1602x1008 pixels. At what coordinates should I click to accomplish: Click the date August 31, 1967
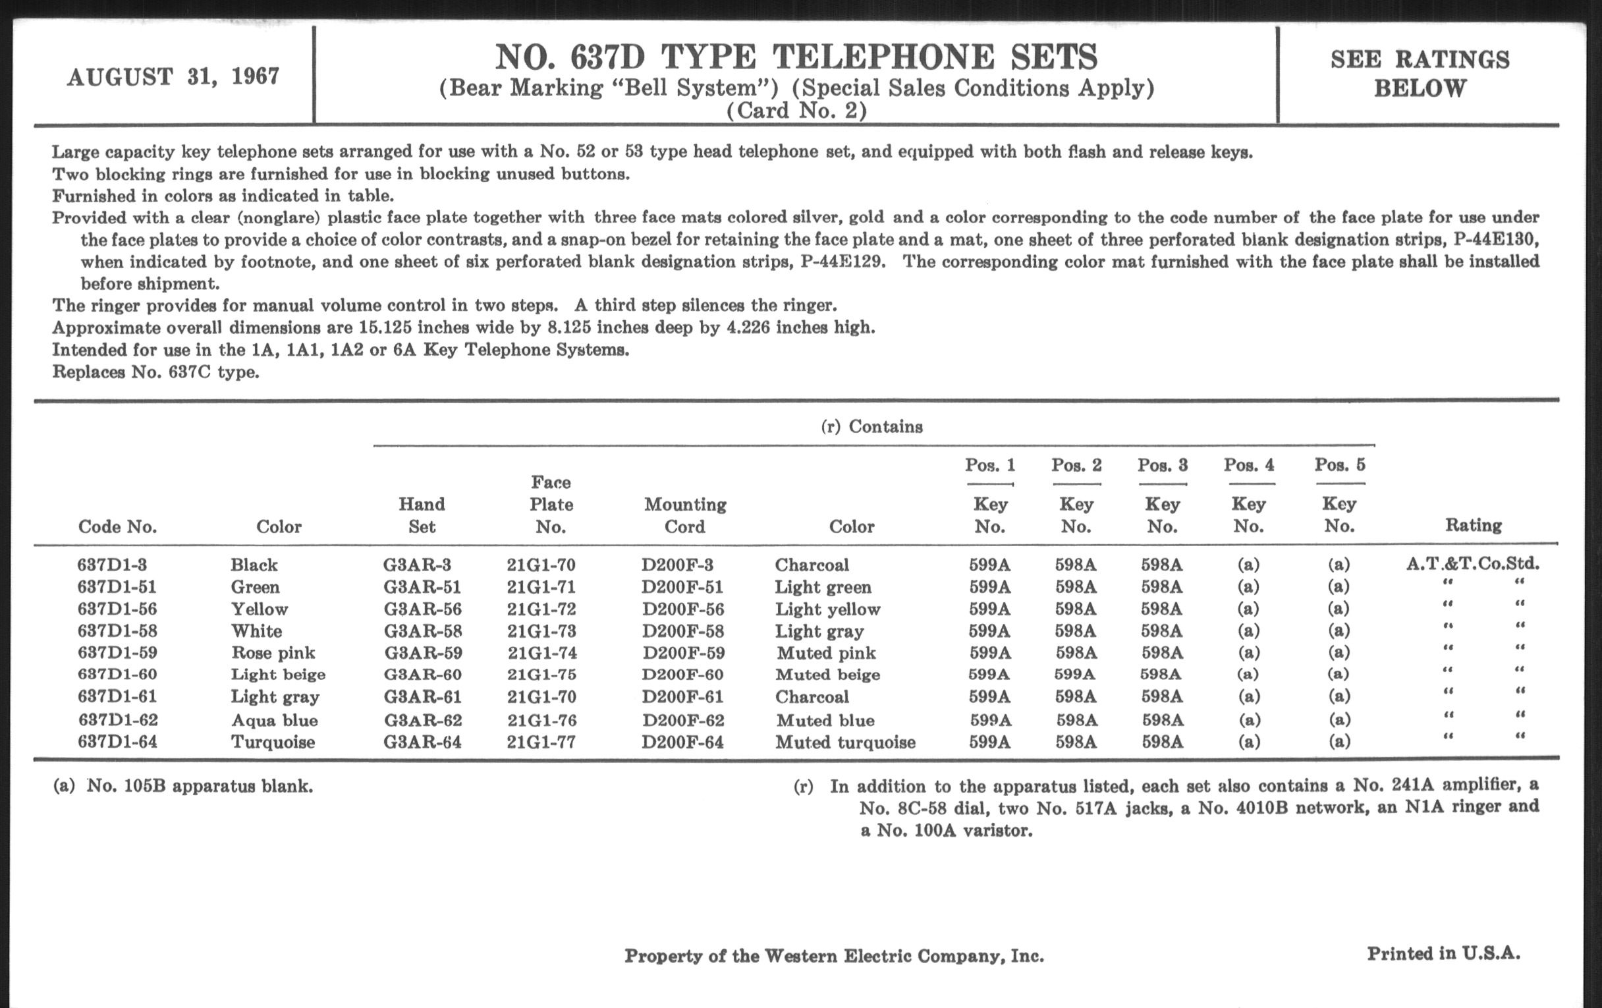(x=173, y=77)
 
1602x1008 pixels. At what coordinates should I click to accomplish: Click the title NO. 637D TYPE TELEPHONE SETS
(x=796, y=57)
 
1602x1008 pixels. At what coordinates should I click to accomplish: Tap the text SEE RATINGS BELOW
(x=1420, y=74)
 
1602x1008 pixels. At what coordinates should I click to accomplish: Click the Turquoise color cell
(x=273, y=742)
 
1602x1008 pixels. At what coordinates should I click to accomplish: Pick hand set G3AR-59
(x=423, y=653)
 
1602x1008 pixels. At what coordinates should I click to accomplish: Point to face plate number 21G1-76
(x=541, y=720)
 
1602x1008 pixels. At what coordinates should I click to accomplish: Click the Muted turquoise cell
(x=845, y=742)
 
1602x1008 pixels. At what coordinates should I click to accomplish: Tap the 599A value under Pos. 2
(x=1074, y=675)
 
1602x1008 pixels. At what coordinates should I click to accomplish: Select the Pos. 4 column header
(x=1249, y=464)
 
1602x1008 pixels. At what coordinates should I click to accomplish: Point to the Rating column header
(x=1473, y=526)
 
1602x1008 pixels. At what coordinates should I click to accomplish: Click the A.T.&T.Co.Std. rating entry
(x=1472, y=564)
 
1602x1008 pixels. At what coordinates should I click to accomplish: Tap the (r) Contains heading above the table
(x=871, y=426)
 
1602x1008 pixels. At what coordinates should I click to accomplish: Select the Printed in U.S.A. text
(x=1443, y=953)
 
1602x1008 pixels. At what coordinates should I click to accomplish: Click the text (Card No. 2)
(x=796, y=111)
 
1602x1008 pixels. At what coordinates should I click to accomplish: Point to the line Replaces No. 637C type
(x=155, y=372)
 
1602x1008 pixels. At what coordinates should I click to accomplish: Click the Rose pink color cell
(x=273, y=653)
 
